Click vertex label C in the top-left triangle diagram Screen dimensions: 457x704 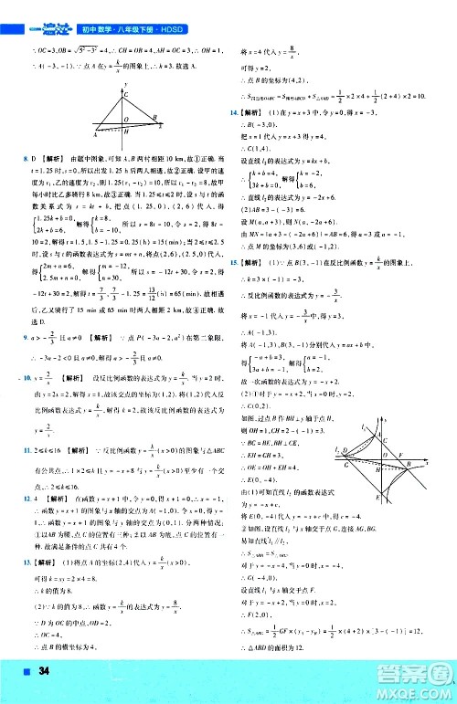(126, 95)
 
